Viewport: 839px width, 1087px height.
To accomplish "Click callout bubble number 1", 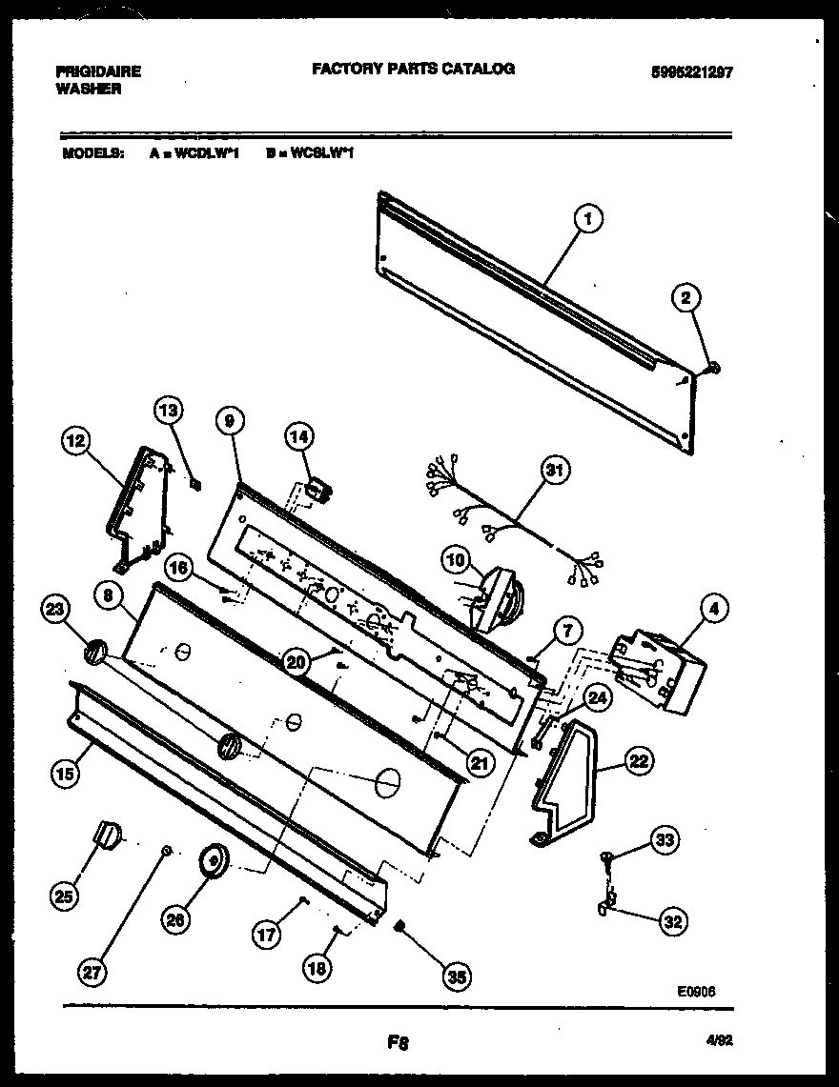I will [588, 219].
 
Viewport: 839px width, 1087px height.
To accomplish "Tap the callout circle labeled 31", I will [554, 470].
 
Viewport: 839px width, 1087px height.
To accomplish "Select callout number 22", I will [638, 761].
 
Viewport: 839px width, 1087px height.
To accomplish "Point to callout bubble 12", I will [75, 440].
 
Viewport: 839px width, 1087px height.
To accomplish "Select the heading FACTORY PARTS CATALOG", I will [413, 69].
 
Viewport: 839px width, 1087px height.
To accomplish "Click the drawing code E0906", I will [697, 991].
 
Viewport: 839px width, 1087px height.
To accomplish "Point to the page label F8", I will [398, 1042].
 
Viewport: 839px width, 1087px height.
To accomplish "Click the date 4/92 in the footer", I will [720, 1041].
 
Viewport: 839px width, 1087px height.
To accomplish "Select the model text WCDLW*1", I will [206, 151].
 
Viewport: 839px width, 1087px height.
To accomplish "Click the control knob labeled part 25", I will [110, 834].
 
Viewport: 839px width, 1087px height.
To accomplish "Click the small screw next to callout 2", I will [715, 367].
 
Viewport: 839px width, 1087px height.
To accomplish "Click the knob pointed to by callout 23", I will [93, 654].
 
